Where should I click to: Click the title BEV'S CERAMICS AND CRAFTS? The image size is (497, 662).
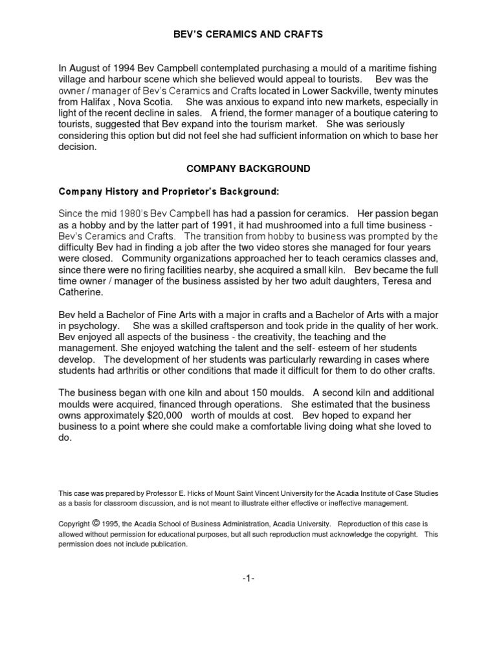coord(248,34)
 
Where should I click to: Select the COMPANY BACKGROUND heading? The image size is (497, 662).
coord(248,169)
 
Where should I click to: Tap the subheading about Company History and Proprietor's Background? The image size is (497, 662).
coord(169,192)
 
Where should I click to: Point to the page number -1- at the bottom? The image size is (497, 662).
coord(248,577)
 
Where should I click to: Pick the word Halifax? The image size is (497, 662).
coord(102,102)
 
